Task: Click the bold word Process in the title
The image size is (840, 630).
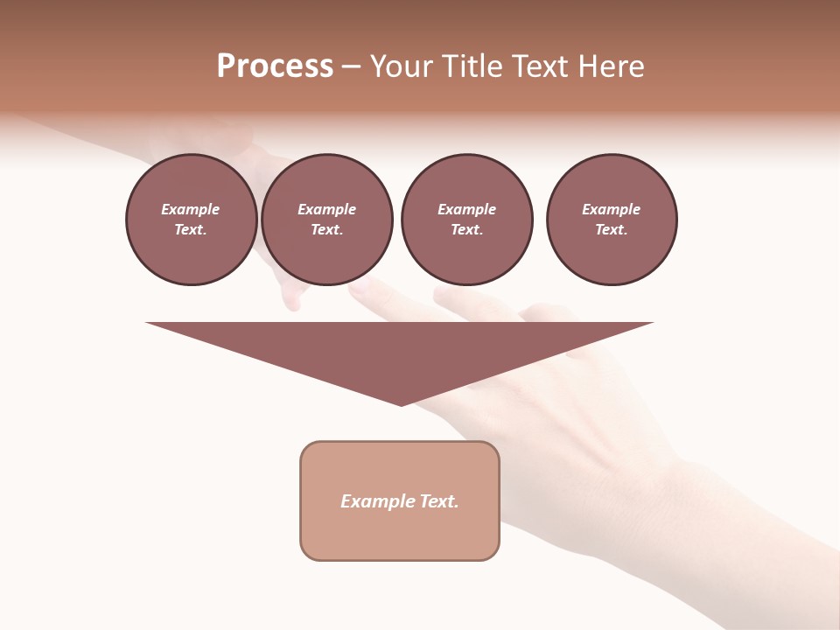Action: coord(275,66)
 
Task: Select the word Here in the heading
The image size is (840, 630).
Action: coord(611,66)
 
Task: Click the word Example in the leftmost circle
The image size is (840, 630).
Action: coord(191,209)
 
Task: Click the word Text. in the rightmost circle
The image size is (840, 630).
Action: coord(612,229)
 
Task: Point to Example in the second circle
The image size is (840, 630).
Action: coord(327,209)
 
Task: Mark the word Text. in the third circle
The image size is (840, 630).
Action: coord(466,229)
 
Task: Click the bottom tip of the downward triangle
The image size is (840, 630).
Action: coord(401,403)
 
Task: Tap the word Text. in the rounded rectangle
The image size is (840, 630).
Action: coord(439,501)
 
